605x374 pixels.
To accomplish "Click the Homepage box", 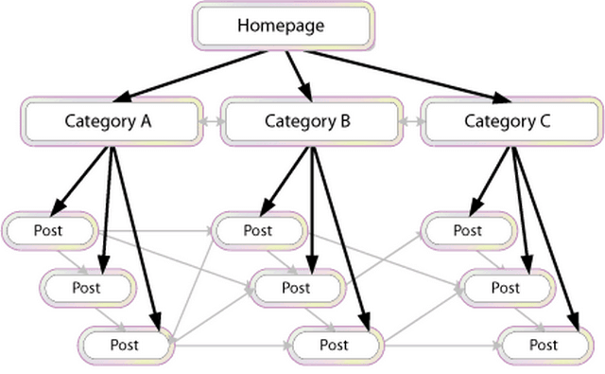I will coord(283,26).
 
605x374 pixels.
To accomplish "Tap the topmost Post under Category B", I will coord(258,230).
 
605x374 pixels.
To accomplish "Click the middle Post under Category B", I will coord(296,287).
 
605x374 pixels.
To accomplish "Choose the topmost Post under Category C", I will coord(467,230).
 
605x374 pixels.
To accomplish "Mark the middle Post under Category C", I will coord(506,287).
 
